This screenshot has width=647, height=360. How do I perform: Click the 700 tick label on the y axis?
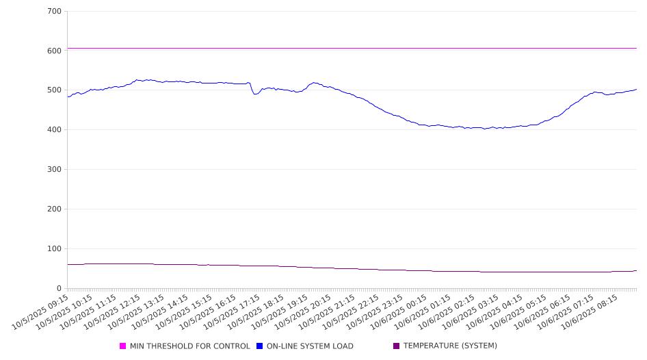click(x=55, y=12)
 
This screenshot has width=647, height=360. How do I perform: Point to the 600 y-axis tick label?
click(x=55, y=51)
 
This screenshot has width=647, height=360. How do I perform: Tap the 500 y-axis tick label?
click(x=55, y=90)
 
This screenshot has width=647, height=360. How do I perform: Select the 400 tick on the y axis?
click(x=55, y=130)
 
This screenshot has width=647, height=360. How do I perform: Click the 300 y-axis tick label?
click(x=55, y=170)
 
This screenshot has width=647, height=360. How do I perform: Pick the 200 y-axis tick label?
click(x=55, y=209)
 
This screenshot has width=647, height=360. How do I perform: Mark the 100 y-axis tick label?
click(x=55, y=249)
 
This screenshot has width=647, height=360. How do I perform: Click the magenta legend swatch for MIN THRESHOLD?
click(x=123, y=346)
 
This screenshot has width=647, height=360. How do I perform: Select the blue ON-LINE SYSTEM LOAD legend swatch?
click(x=260, y=346)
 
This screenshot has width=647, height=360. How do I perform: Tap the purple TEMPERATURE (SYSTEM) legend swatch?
click(x=397, y=346)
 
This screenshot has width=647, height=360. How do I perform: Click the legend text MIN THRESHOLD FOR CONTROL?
click(x=190, y=346)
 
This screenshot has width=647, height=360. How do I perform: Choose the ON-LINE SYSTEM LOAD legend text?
click(x=310, y=346)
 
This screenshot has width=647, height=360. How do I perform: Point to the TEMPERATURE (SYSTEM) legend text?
click(x=450, y=346)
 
